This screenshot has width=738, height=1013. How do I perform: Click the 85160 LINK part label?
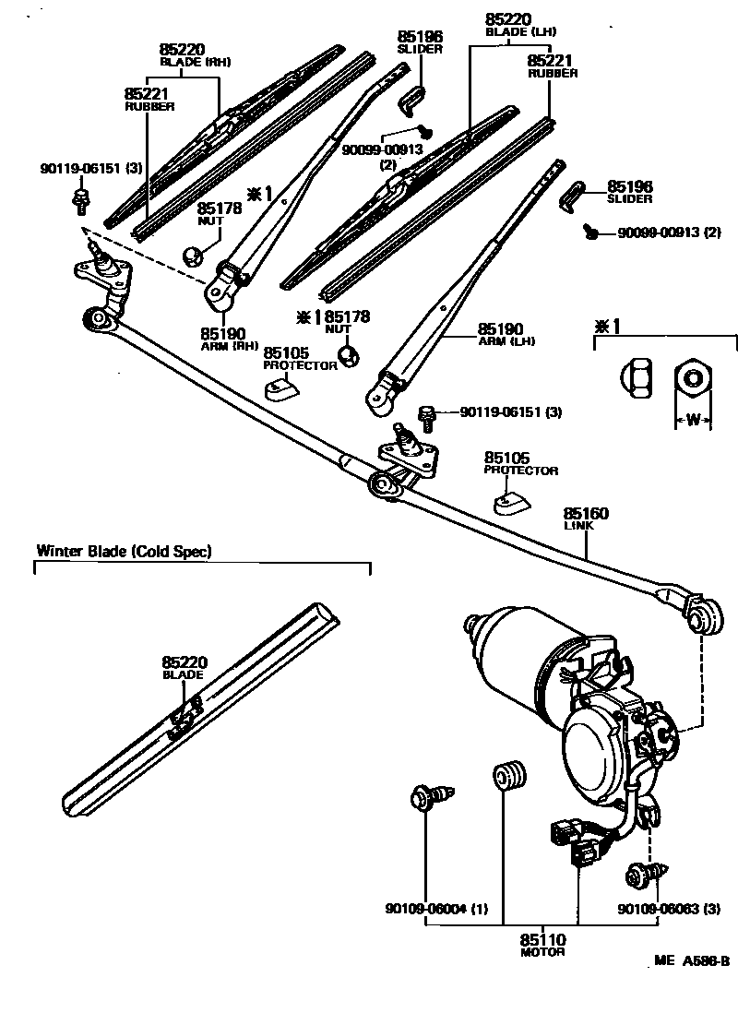pos(587,518)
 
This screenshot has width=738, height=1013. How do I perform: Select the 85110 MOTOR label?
pos(542,945)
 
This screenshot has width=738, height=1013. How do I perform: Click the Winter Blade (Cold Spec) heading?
pos(125,552)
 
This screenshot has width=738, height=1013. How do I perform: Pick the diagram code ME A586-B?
pos(692,960)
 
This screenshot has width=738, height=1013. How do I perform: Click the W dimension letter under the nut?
pos(693,421)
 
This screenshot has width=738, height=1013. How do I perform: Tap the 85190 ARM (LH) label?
pos(506,333)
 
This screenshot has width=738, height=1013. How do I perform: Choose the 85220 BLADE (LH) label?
pos(521,24)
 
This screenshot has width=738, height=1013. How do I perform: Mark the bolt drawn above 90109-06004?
pos(430,794)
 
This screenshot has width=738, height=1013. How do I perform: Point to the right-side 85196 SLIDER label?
pos(629,191)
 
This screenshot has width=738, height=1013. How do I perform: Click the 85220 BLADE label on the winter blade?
pos(183,667)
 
